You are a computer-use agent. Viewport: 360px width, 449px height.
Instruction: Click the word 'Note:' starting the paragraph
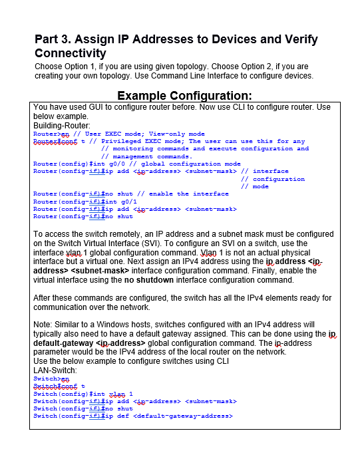coord(44,324)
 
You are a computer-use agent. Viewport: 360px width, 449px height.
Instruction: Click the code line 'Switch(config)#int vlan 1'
coord(83,394)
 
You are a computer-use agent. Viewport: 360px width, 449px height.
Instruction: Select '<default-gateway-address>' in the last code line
coord(183,416)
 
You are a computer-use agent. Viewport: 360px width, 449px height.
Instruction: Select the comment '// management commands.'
coord(146,156)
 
